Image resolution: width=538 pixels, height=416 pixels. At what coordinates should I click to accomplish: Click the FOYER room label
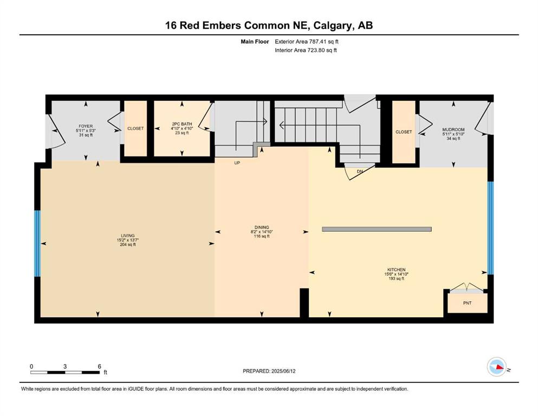(86, 126)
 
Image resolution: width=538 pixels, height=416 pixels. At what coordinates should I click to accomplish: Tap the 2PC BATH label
(182, 124)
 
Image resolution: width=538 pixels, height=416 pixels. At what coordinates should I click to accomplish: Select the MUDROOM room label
(453, 129)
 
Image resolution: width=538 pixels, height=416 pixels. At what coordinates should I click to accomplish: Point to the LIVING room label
(128, 236)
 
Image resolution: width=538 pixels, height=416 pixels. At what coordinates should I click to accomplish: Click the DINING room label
(262, 227)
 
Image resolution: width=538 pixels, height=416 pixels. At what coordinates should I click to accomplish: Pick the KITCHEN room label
(396, 270)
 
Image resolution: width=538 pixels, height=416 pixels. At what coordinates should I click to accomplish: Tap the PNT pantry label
(468, 303)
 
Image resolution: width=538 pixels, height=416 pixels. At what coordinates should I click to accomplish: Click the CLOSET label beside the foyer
(135, 128)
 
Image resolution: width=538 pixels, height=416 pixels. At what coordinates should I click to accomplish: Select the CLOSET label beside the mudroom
(404, 132)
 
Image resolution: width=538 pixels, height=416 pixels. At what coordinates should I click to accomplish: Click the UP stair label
(237, 163)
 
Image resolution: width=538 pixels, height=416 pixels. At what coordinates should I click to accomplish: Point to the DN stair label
(360, 172)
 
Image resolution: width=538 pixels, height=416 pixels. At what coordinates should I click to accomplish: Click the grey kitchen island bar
(377, 229)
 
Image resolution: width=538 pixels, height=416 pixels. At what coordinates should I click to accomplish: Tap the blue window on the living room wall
(37, 244)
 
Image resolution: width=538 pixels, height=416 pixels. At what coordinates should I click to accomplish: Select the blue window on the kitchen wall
(491, 228)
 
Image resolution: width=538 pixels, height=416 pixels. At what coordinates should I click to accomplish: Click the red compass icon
(497, 367)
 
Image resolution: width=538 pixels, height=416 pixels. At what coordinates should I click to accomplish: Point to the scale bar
(65, 372)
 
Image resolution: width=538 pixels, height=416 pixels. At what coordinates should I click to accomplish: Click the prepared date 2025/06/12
(283, 371)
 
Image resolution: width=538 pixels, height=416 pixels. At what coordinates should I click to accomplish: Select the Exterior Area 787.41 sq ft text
(307, 42)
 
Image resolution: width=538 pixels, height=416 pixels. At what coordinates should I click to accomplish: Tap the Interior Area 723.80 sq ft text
(306, 50)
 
